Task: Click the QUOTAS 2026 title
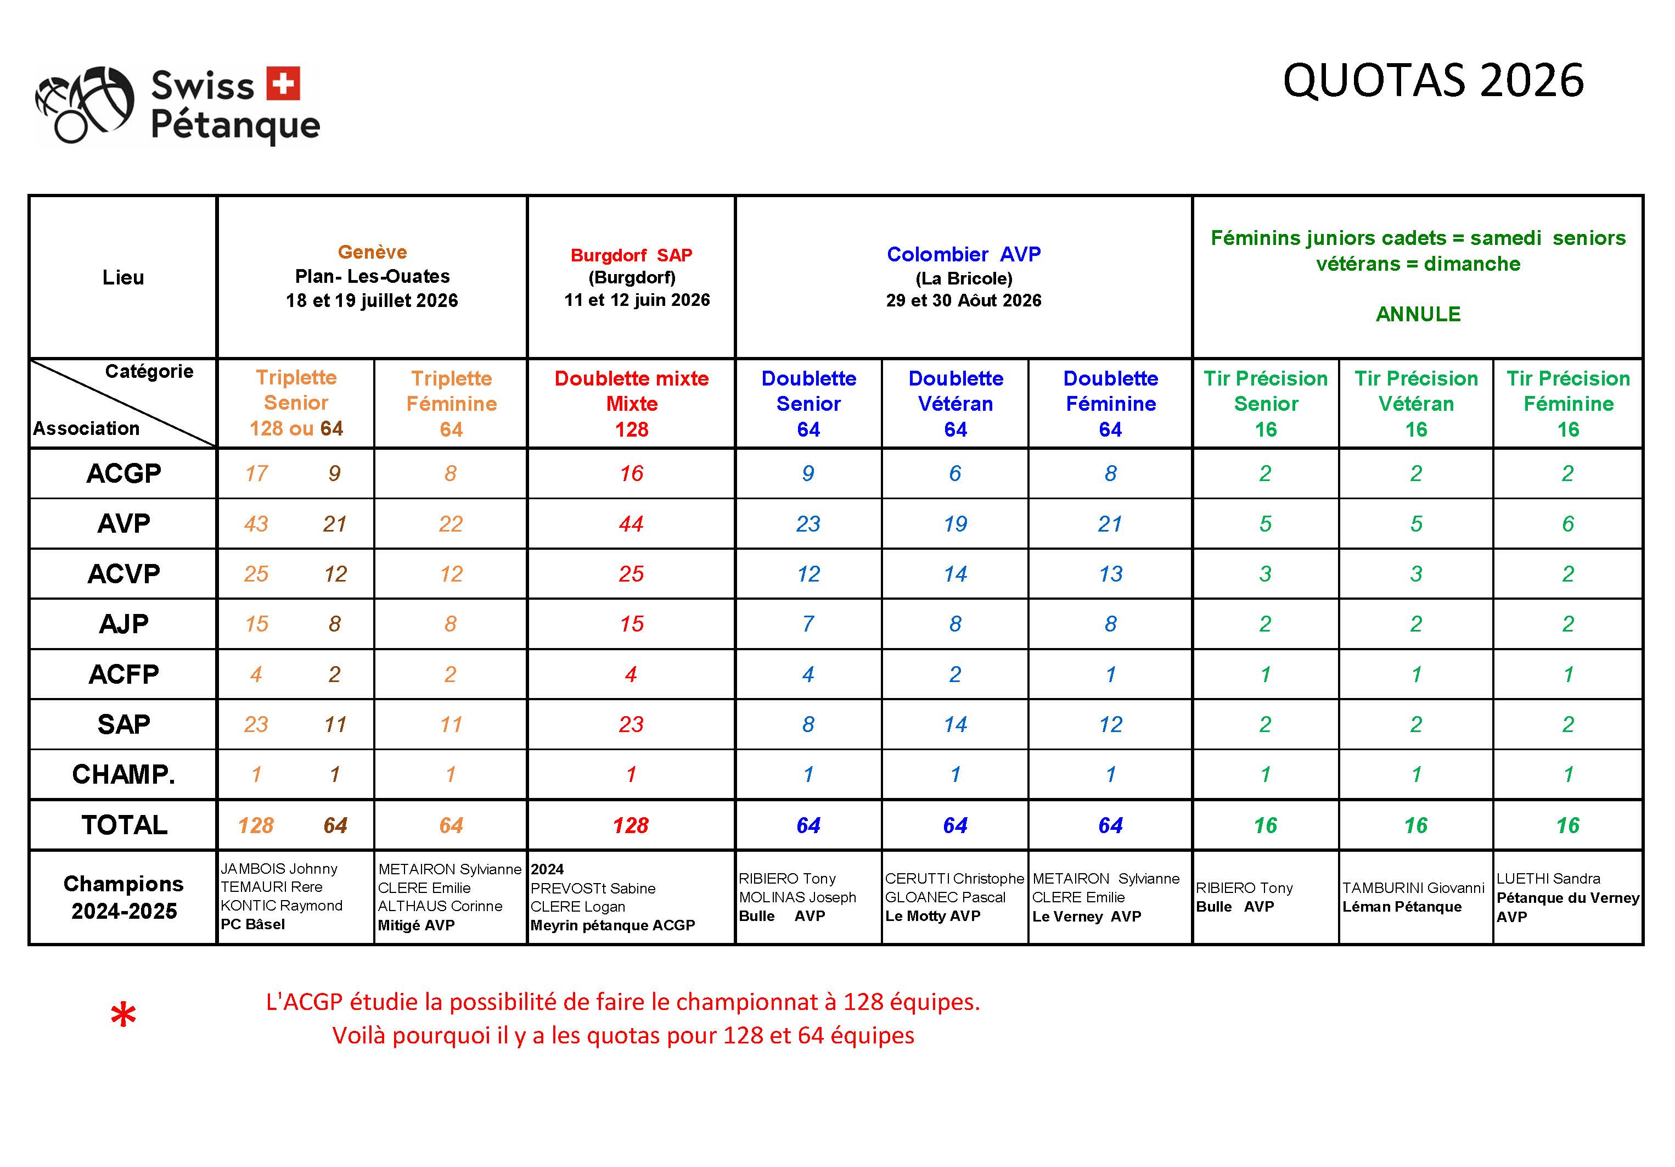tap(1433, 80)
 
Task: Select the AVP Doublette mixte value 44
tap(631, 524)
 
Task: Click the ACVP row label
tap(123, 574)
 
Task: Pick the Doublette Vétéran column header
tap(955, 403)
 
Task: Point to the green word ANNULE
tap(1418, 315)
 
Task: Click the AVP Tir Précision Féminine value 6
tap(1568, 524)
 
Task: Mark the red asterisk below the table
tap(123, 1016)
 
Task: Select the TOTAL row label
tap(124, 825)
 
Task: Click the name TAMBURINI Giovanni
tap(1413, 888)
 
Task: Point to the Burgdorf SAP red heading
tap(631, 255)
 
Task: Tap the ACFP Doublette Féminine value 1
tap(1110, 674)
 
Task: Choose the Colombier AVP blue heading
tap(963, 255)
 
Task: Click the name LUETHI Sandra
tap(1548, 879)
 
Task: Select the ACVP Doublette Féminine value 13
tap(1110, 574)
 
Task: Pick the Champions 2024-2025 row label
tap(123, 897)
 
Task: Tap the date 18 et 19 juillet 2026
tap(372, 301)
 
